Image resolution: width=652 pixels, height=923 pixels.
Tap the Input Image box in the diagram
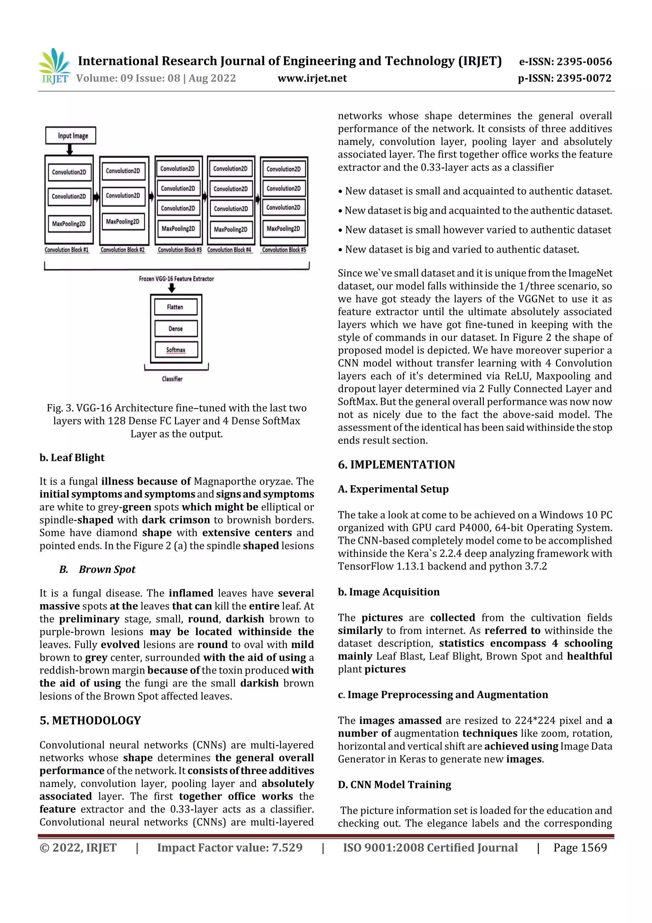click(71, 136)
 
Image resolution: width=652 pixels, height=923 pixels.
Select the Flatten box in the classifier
click(175, 307)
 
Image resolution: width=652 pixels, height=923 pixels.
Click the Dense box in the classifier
click(175, 328)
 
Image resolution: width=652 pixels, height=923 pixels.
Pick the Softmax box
click(175, 350)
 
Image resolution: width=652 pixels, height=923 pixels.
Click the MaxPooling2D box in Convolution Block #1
click(69, 224)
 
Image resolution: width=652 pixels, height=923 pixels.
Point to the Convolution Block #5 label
click(284, 250)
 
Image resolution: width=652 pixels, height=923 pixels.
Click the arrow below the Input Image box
click(70, 150)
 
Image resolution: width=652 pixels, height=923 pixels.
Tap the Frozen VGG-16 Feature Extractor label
click(176, 278)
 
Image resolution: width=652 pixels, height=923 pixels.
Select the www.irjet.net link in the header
click(312, 78)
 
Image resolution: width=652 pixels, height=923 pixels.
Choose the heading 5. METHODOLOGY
click(90, 720)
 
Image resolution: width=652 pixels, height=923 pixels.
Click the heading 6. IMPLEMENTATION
click(396, 465)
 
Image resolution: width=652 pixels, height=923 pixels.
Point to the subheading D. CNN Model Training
click(394, 785)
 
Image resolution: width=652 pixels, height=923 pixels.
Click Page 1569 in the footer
click(580, 848)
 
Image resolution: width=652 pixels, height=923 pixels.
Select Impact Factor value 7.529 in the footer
click(230, 848)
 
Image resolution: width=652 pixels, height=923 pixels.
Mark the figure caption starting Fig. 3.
click(176, 421)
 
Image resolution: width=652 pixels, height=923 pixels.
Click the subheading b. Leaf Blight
click(72, 458)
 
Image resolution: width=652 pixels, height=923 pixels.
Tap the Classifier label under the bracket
click(172, 379)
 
